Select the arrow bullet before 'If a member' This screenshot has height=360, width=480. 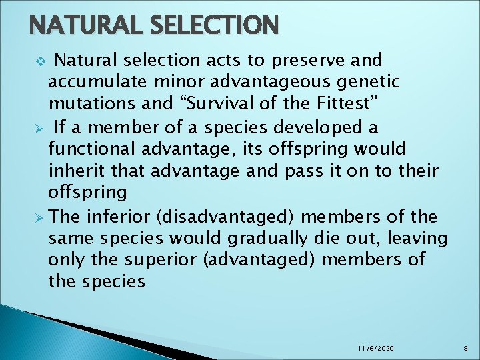pos(40,127)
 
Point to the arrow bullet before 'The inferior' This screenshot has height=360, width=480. pos(40,216)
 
